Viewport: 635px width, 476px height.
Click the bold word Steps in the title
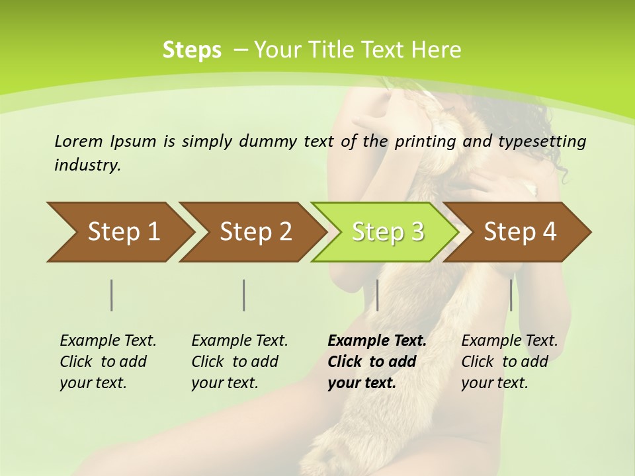point(192,50)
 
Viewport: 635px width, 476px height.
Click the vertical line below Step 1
point(112,295)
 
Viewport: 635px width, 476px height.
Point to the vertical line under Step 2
point(244,295)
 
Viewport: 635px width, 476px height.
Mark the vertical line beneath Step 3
point(377,295)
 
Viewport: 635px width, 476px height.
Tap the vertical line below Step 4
point(511,295)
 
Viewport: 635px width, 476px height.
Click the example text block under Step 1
point(108,362)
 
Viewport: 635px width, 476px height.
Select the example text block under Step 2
point(239,362)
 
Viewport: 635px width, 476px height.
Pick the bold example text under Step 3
point(377,362)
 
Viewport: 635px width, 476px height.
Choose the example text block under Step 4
point(509,362)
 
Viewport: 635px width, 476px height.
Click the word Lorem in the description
point(79,141)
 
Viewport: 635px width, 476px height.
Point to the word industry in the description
point(87,165)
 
